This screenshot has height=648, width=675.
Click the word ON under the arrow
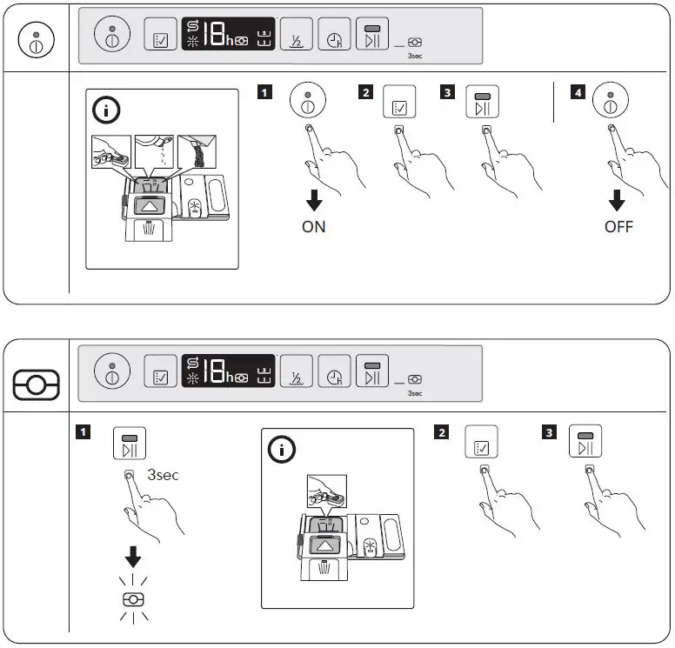pyautogui.click(x=314, y=227)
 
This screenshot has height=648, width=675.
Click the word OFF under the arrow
pyautogui.click(x=618, y=227)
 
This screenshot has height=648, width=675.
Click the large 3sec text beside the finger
pyautogui.click(x=163, y=476)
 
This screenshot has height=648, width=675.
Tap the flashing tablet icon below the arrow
pyautogui.click(x=133, y=598)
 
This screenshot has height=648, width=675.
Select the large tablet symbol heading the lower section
pyautogui.click(x=36, y=383)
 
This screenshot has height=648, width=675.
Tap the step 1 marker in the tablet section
pyautogui.click(x=84, y=431)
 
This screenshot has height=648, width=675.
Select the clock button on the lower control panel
pyautogui.click(x=334, y=376)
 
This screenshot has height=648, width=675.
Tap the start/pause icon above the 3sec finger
pyautogui.click(x=130, y=444)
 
